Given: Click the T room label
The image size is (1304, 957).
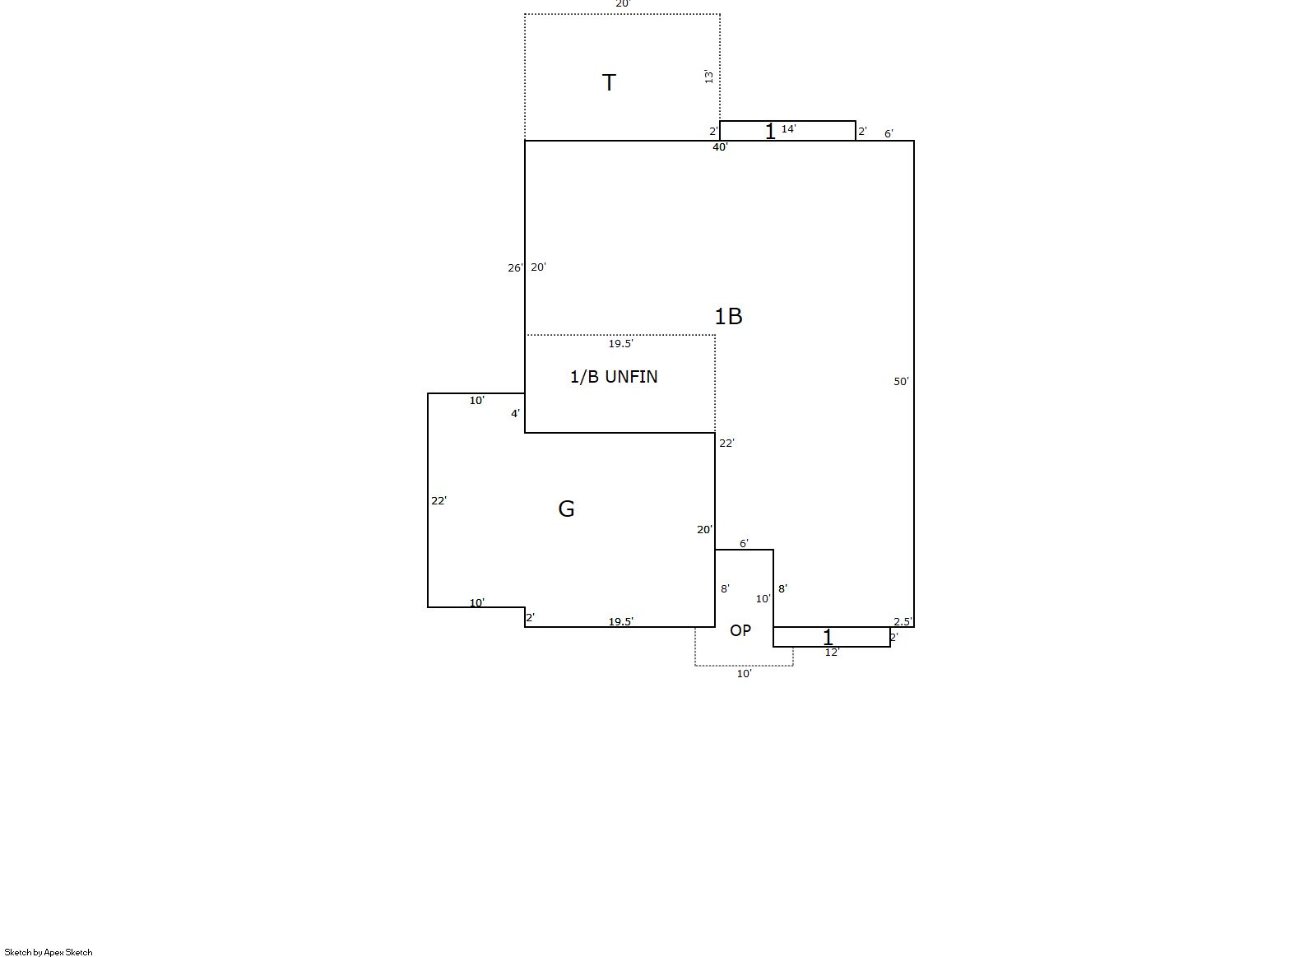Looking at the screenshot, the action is click(608, 82).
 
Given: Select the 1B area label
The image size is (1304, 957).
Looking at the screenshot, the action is click(728, 316).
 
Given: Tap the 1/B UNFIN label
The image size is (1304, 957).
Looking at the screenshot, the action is click(614, 377).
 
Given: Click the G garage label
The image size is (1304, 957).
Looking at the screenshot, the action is click(566, 509).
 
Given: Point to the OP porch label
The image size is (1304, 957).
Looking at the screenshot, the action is click(740, 630).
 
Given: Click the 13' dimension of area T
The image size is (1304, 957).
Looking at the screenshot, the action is click(708, 77).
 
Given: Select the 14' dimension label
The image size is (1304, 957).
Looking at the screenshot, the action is click(788, 128).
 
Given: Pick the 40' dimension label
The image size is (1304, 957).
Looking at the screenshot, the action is click(720, 147).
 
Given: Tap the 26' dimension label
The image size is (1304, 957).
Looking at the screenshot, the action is click(515, 267).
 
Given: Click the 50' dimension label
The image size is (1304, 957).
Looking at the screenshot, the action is click(901, 381).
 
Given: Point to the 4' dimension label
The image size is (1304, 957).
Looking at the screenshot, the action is click(515, 413).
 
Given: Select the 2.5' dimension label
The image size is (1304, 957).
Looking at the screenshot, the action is click(903, 621).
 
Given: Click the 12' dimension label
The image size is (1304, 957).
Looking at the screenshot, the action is click(832, 653).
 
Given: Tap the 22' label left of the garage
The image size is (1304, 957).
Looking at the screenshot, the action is click(439, 500).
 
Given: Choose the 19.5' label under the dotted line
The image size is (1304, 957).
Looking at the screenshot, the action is click(620, 343).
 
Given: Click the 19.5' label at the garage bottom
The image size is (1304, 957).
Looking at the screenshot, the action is click(620, 621).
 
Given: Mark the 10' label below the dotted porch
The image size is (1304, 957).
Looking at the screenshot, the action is click(744, 673).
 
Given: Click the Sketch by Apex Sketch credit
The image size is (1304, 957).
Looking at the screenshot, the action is click(49, 952).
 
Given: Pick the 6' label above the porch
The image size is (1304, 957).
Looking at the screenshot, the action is click(744, 543).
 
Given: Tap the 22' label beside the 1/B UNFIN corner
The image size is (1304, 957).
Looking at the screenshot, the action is click(726, 443).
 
